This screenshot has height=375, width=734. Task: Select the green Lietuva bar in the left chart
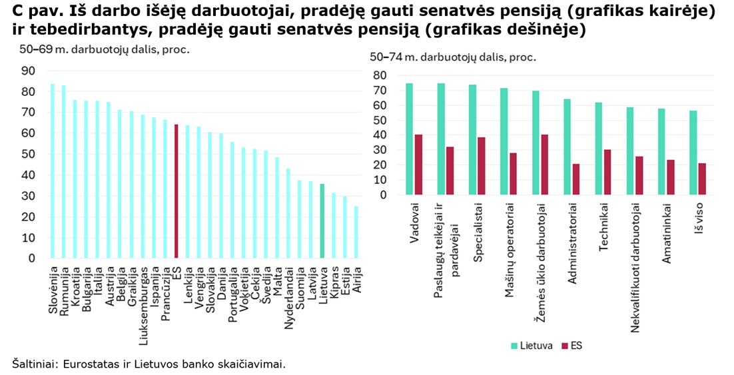[322, 221]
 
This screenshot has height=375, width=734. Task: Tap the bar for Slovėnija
[53, 171]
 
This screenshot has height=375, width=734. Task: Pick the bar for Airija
[356, 232]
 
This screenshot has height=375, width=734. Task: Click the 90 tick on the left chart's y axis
[29, 71]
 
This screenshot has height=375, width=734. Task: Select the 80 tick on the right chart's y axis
[380, 75]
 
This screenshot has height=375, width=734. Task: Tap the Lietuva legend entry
[531, 346]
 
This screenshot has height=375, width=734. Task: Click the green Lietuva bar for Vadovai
[409, 139]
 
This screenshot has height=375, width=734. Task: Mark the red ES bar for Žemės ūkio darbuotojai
[544, 165]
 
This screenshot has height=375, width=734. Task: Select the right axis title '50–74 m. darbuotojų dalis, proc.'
[453, 57]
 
